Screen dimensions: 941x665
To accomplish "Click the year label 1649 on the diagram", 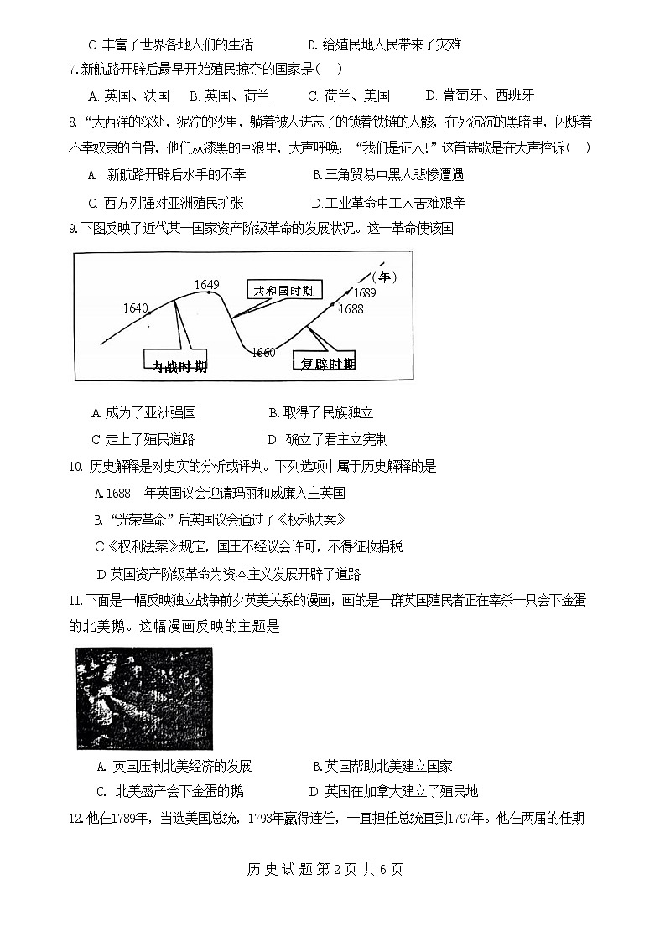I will (x=206, y=285).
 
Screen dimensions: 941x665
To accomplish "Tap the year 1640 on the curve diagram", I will (x=135, y=308).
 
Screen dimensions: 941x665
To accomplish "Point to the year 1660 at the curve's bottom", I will (x=263, y=353).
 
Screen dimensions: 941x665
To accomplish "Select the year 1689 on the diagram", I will (x=364, y=292).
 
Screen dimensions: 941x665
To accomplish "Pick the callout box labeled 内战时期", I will (x=178, y=366).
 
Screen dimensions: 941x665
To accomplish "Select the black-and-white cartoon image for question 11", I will (x=144, y=698).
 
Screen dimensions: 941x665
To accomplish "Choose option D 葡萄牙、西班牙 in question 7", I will (x=480, y=96).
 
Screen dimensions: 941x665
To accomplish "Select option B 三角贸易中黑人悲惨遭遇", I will (x=387, y=175).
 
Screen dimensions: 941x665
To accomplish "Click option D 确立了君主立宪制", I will (x=327, y=439).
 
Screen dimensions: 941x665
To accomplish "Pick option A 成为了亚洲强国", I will (x=144, y=412).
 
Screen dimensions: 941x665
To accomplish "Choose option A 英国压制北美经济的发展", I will (x=174, y=766).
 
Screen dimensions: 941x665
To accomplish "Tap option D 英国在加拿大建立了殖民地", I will (x=393, y=791).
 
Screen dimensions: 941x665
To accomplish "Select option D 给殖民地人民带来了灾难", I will (x=385, y=44).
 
